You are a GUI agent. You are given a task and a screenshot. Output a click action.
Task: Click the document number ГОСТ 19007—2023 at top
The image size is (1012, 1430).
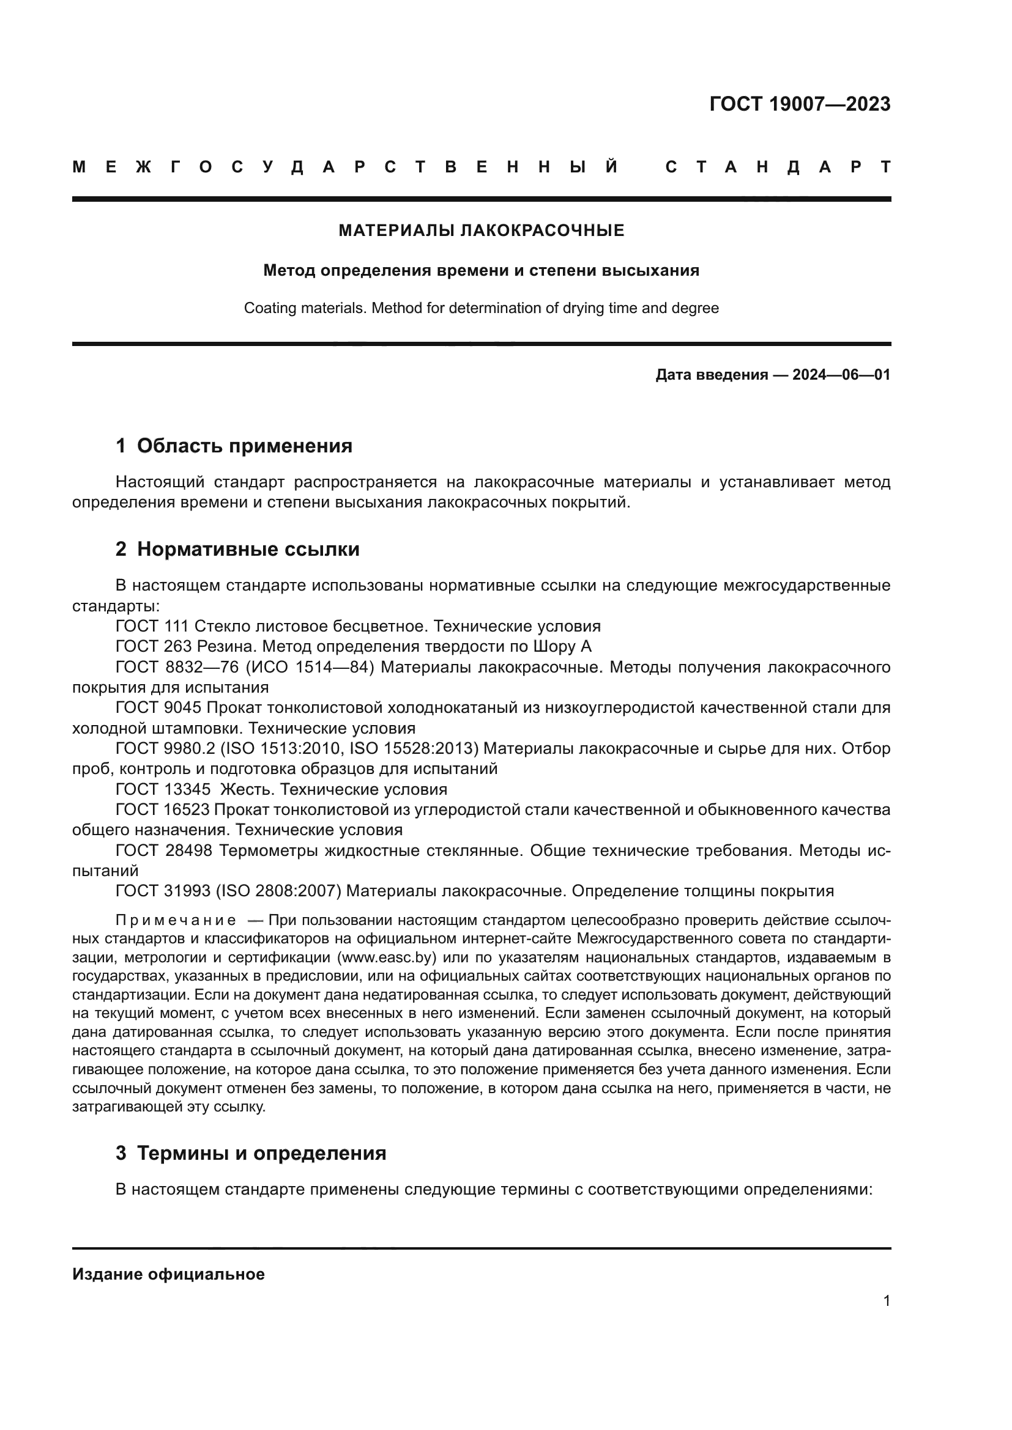click(800, 104)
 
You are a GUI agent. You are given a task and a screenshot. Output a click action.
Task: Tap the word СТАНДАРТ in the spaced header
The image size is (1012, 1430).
click(778, 167)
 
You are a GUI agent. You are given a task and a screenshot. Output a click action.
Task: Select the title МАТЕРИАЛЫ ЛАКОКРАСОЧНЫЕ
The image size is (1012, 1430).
click(481, 230)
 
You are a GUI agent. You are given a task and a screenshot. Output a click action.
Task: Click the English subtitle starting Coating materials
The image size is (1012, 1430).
click(481, 308)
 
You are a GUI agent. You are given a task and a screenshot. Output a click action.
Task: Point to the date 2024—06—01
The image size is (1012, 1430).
click(841, 375)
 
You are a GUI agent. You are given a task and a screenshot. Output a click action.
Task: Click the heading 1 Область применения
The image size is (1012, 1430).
click(234, 446)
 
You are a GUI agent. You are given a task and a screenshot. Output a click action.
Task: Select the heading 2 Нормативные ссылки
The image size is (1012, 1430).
click(237, 550)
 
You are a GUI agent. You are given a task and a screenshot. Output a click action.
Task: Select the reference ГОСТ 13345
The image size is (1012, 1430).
click(163, 789)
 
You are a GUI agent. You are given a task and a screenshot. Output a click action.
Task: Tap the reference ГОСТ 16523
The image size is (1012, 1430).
click(163, 809)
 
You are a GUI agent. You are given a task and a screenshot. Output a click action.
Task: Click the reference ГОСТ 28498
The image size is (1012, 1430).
click(163, 850)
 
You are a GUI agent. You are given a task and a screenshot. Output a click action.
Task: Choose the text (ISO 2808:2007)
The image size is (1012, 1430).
click(278, 891)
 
